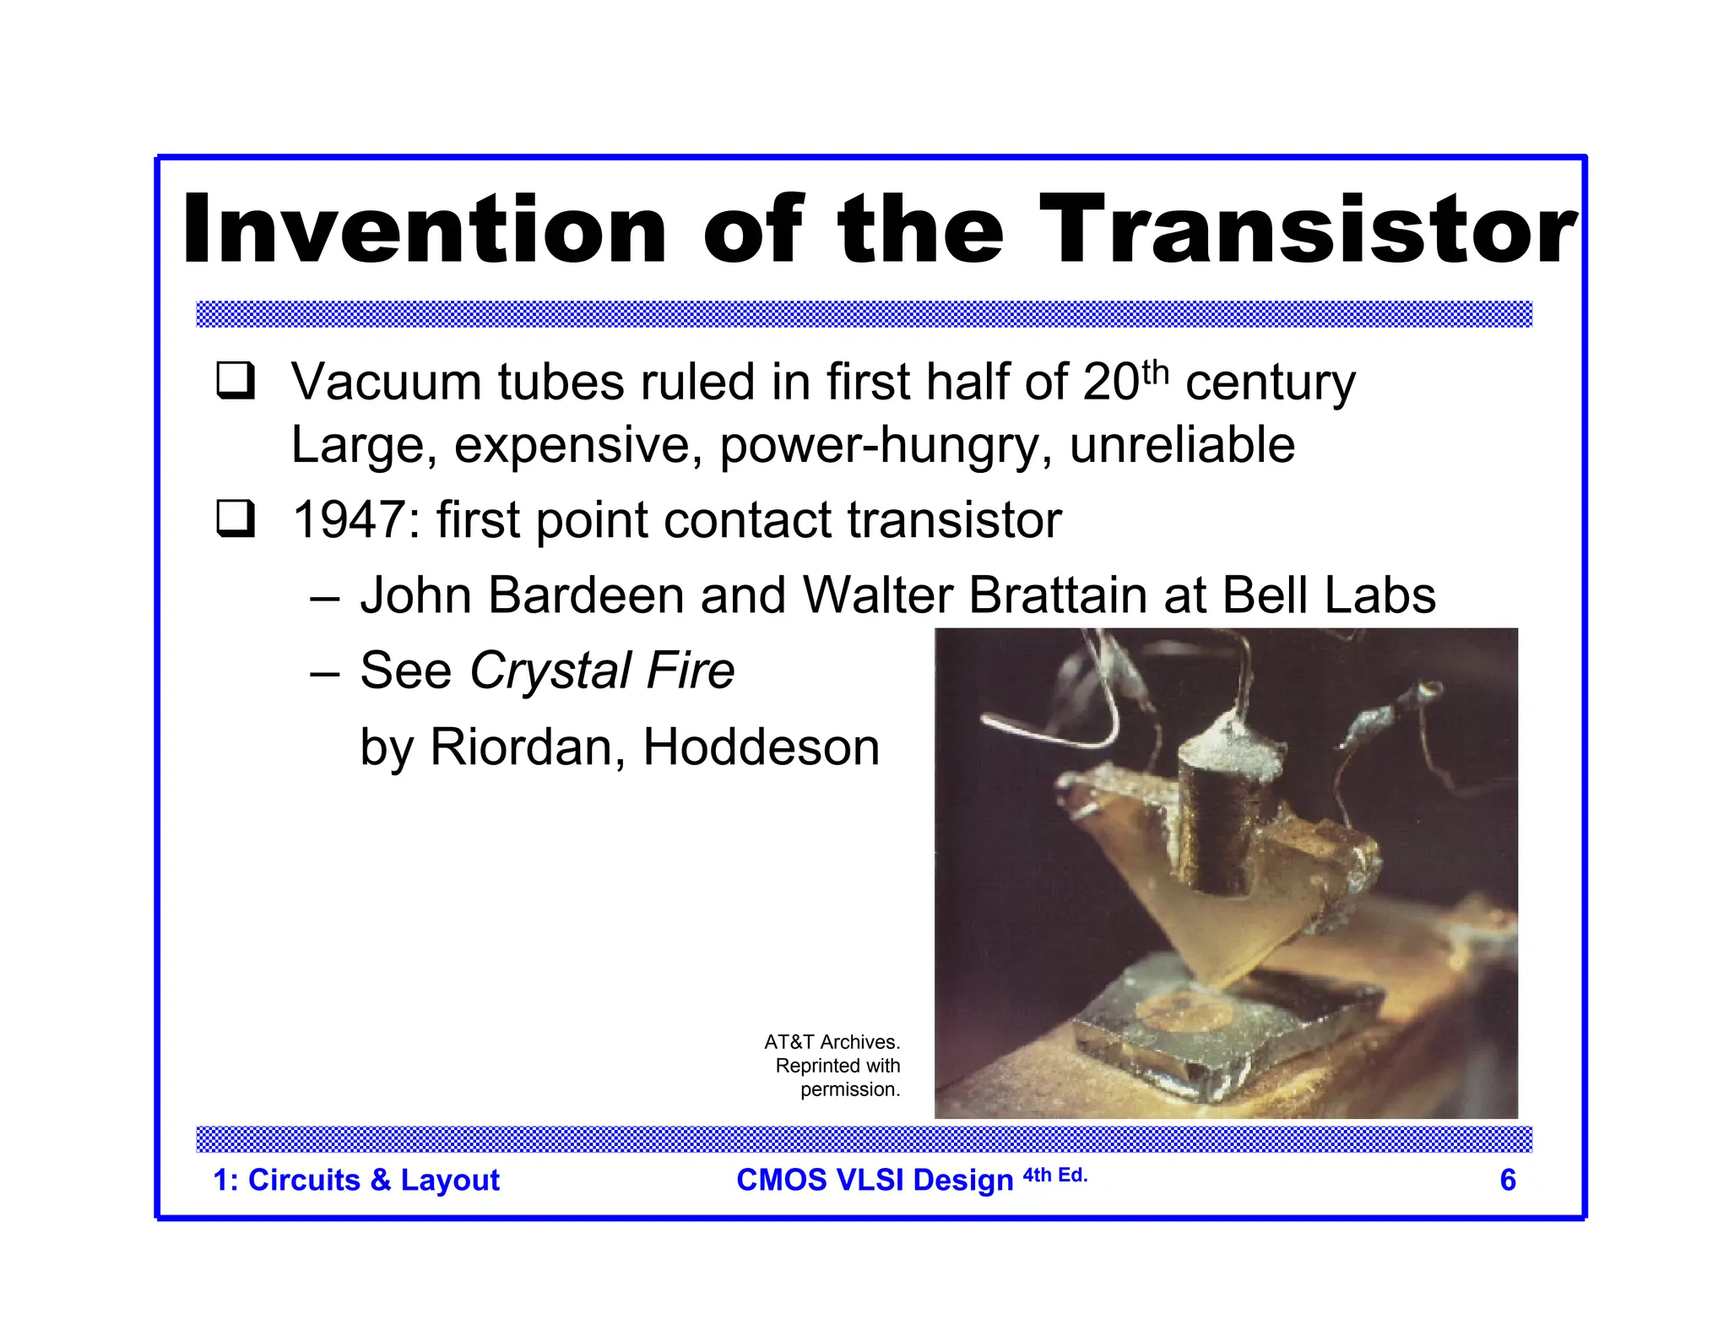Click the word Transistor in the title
pyautogui.click(x=1307, y=230)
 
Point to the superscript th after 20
pyautogui.click(x=1154, y=372)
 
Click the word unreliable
pyautogui.click(x=1182, y=445)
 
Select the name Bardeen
pyautogui.click(x=586, y=595)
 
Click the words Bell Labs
pyautogui.click(x=1328, y=595)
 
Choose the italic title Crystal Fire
pyautogui.click(x=602, y=671)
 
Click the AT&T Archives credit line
pyautogui.click(x=832, y=1042)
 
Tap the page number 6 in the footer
pyautogui.click(x=1508, y=1180)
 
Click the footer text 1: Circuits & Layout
pyautogui.click(x=356, y=1180)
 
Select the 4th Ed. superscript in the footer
pyautogui.click(x=1055, y=1175)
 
